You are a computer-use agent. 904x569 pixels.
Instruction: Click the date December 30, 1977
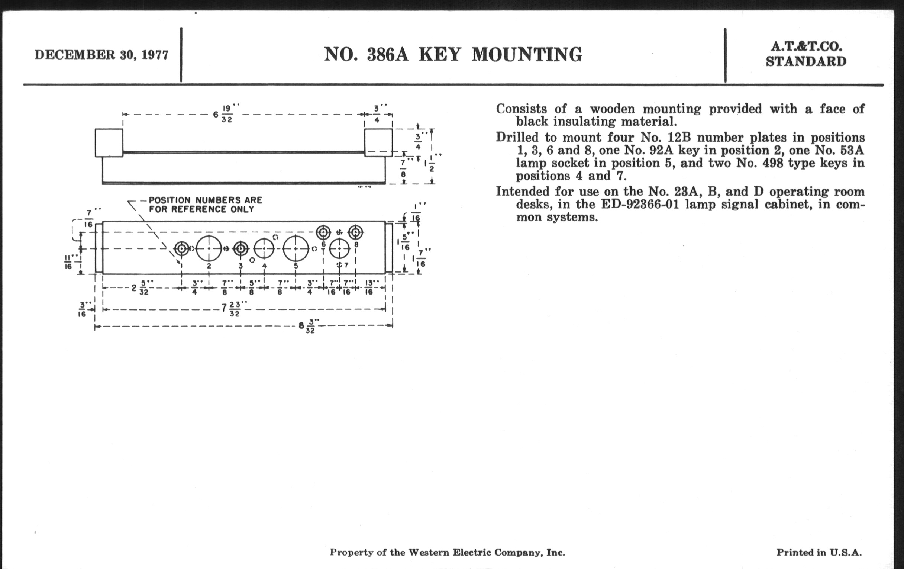(101, 55)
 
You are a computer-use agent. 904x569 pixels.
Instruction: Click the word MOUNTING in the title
(527, 54)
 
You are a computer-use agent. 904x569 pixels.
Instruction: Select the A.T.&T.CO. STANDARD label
(806, 54)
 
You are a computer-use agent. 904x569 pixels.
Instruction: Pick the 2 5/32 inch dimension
(140, 288)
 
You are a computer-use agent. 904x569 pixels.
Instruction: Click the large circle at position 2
(209, 249)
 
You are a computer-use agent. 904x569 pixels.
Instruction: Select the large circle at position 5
(296, 249)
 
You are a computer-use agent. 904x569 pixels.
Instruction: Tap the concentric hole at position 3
(240, 249)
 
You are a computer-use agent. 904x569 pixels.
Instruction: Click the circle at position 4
(264, 249)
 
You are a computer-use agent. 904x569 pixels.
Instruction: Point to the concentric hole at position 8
(355, 232)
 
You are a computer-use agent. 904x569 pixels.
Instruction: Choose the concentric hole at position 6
(323, 232)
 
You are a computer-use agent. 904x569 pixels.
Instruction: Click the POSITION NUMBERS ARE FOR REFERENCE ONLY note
(205, 205)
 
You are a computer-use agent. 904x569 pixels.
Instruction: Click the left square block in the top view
(109, 143)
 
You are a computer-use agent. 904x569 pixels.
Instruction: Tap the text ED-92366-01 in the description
(640, 205)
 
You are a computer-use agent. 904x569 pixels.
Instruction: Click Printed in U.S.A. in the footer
(819, 553)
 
